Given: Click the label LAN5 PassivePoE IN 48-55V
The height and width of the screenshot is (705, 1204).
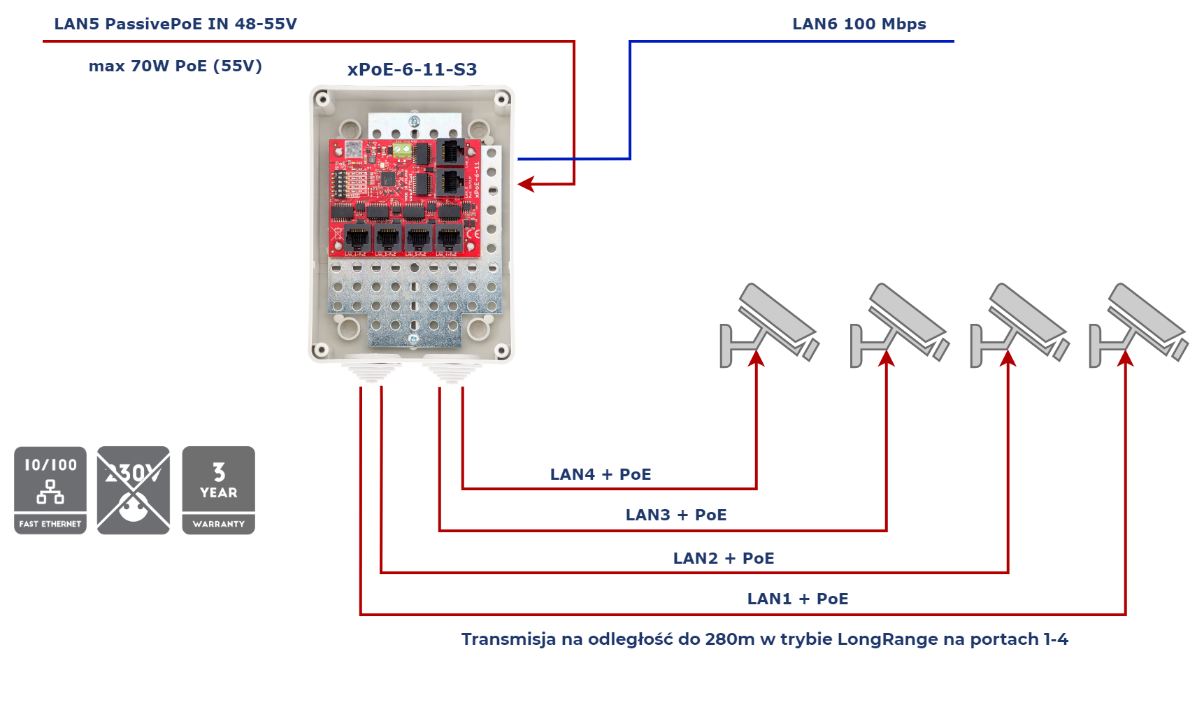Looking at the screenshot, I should coord(175,24).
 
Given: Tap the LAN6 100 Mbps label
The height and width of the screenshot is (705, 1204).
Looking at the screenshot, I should coord(859,24).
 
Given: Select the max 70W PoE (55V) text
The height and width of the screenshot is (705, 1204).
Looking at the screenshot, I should coord(175,66).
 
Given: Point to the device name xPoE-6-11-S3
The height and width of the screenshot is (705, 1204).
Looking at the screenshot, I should coord(413,70).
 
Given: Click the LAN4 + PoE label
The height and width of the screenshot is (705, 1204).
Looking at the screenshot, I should coord(601,474).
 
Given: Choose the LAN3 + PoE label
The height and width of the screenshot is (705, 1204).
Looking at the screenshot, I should coord(676,515).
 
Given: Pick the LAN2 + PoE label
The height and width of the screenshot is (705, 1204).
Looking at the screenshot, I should coord(724,558).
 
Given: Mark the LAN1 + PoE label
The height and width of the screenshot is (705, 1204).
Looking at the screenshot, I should coord(798,599).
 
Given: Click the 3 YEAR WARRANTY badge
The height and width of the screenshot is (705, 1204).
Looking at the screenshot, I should coord(218,490).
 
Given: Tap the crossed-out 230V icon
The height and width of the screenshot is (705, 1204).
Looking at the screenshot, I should coord(134,490).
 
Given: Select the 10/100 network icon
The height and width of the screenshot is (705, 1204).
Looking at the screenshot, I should coord(50,490).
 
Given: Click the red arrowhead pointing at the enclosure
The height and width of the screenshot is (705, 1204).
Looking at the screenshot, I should coord(526,185).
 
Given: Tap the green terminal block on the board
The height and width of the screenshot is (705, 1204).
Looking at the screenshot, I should coord(403,149).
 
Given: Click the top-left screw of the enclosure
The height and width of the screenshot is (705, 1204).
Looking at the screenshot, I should coord(322,99).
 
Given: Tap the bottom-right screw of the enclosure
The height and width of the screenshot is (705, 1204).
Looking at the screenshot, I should coord(502,350).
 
